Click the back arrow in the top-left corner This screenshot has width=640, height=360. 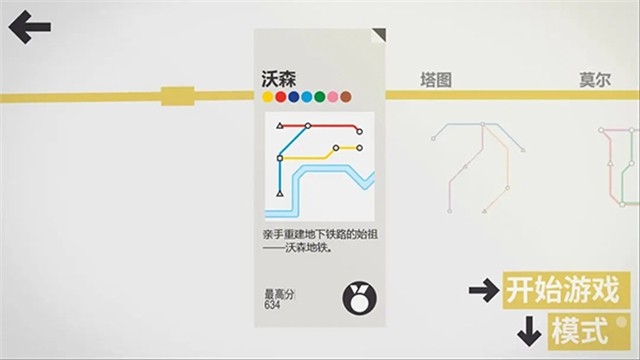tap(29, 27)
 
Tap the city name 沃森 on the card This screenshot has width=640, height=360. tap(277, 80)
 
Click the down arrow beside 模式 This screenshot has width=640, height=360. tap(527, 329)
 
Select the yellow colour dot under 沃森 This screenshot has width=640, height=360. tap(268, 97)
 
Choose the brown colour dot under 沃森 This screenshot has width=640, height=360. tap(346, 97)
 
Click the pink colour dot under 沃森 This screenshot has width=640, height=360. tap(333, 97)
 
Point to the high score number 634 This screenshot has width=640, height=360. tap(272, 304)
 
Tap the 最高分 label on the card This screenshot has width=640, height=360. tap(279, 293)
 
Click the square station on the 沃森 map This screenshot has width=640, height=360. tap(280, 158)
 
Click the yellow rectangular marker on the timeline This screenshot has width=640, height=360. tap(176, 96)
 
